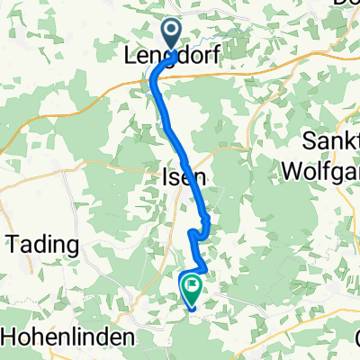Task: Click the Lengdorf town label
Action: pos(173,57)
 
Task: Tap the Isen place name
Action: pos(184,177)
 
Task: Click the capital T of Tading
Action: pos(14,245)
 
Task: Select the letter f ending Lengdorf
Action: pos(217,56)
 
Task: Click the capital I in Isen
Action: pos(166,177)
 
